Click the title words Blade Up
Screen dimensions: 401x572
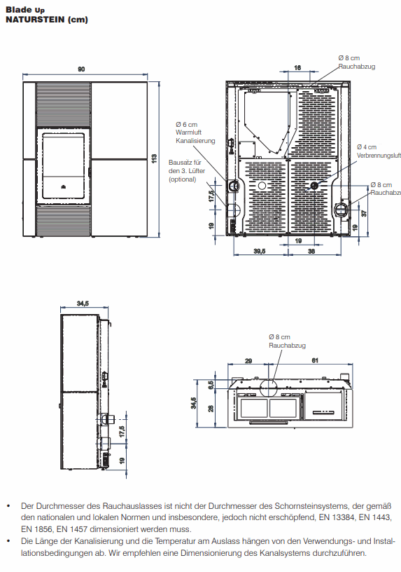[25, 10]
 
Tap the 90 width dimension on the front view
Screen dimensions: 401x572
[81, 69]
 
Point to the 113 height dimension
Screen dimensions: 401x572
[154, 158]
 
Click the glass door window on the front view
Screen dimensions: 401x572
[64, 165]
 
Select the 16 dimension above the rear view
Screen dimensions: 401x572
[297, 67]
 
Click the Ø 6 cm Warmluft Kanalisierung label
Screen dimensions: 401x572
[195, 132]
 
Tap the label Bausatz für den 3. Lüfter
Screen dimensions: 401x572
[186, 170]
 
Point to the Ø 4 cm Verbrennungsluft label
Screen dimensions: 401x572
[379, 151]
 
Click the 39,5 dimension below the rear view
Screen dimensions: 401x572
[260, 251]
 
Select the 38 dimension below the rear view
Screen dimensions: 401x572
[311, 251]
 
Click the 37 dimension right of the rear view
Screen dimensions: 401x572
[364, 212]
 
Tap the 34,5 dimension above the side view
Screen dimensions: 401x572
[83, 303]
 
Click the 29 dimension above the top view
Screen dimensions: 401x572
[248, 361]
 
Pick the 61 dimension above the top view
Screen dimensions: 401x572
[315, 360]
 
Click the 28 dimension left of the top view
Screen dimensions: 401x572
[211, 409]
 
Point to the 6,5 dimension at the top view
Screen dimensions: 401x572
[211, 385]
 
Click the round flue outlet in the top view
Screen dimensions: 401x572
[269, 388]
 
